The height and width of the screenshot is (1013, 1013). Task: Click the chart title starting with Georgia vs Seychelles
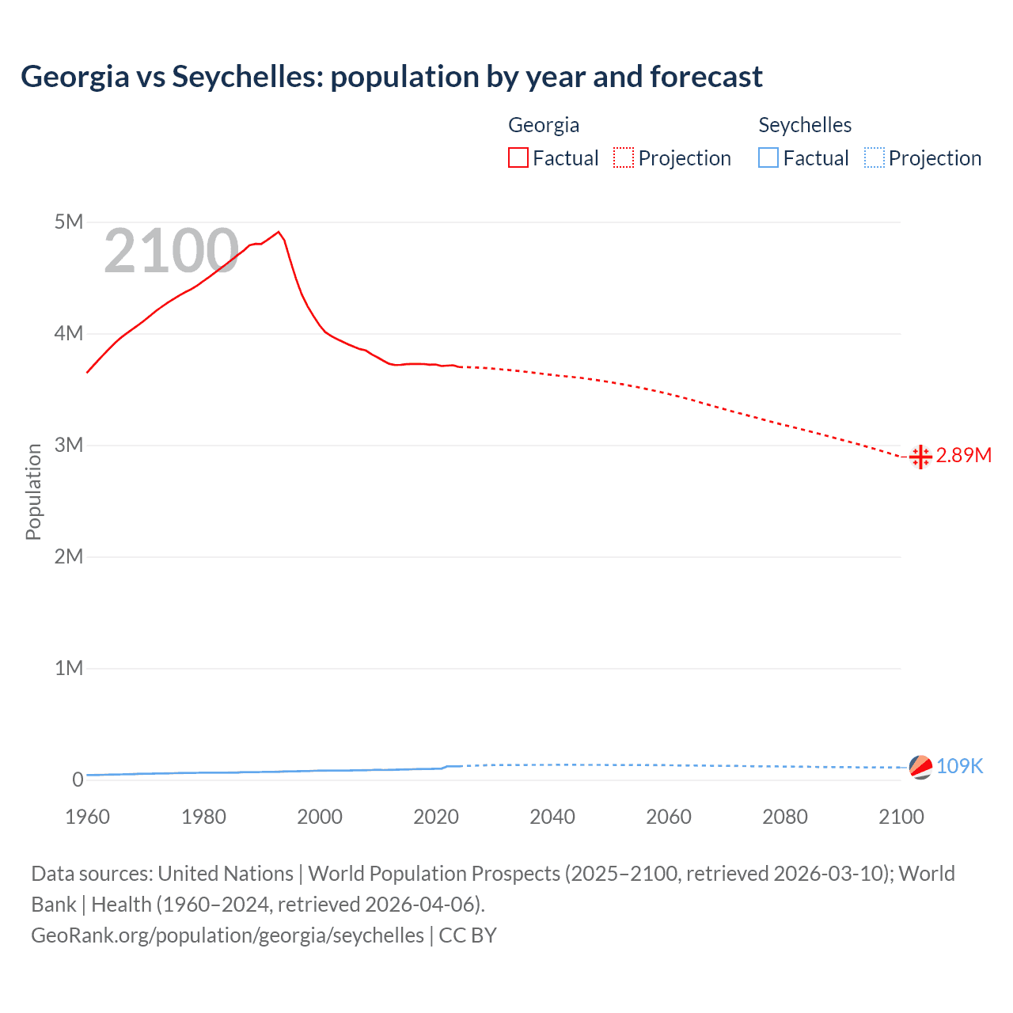(x=391, y=77)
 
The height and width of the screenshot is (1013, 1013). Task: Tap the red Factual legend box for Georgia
(x=518, y=158)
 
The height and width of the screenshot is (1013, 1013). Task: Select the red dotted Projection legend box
(x=624, y=158)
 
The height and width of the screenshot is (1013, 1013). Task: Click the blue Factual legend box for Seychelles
(x=768, y=158)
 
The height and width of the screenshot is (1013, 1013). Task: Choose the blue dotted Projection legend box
(x=875, y=158)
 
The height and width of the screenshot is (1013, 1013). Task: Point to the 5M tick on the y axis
(x=69, y=222)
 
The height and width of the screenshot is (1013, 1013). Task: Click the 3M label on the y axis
(x=69, y=445)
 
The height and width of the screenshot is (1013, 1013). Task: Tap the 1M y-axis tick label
(x=69, y=668)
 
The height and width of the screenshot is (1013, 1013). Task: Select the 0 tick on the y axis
(x=78, y=780)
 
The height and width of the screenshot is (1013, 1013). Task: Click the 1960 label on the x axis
(x=87, y=817)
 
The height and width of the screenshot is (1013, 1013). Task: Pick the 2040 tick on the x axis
(x=552, y=817)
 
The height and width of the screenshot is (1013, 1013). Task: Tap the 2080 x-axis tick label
(x=785, y=817)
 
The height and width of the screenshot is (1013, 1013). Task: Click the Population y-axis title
(x=33, y=491)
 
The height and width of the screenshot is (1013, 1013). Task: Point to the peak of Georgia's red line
(x=278, y=232)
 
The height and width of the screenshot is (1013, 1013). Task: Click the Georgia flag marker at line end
(x=920, y=457)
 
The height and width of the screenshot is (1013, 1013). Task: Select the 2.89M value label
(x=963, y=455)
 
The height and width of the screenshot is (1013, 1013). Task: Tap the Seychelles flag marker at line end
(x=920, y=767)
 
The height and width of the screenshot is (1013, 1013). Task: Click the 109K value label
(x=959, y=766)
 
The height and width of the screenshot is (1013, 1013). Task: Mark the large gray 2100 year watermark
(x=171, y=251)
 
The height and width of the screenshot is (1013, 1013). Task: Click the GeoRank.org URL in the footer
(x=227, y=935)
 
